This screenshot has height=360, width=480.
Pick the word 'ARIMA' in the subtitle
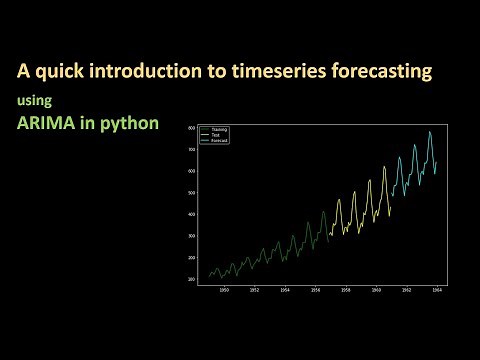click(47, 126)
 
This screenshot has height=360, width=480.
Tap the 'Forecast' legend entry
click(219, 141)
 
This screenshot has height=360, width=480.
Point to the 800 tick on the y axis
click(190, 127)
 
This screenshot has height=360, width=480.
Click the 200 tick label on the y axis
click(190, 279)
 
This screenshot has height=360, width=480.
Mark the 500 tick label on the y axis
click(190, 192)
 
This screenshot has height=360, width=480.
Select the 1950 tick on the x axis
click(224, 291)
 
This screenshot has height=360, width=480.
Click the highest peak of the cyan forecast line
click(430, 132)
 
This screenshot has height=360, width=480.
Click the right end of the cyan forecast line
click(437, 161)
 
